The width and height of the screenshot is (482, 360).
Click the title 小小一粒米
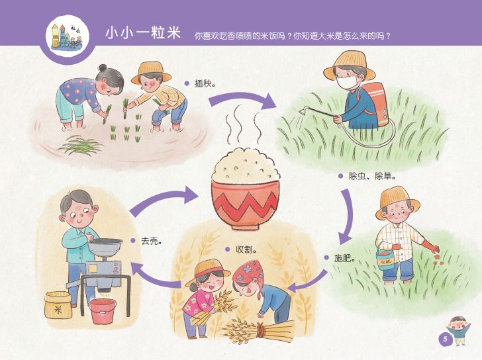click(142, 33)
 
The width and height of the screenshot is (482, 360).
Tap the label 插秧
click(206, 84)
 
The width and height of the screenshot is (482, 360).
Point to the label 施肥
click(345, 258)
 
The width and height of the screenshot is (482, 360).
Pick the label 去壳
click(151, 240)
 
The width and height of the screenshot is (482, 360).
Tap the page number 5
click(445, 339)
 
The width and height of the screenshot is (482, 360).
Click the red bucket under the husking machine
click(103, 310)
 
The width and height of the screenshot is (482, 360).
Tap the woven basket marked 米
click(58, 306)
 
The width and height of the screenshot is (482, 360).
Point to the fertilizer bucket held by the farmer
click(384, 257)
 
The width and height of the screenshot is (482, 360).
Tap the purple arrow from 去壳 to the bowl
click(164, 201)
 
